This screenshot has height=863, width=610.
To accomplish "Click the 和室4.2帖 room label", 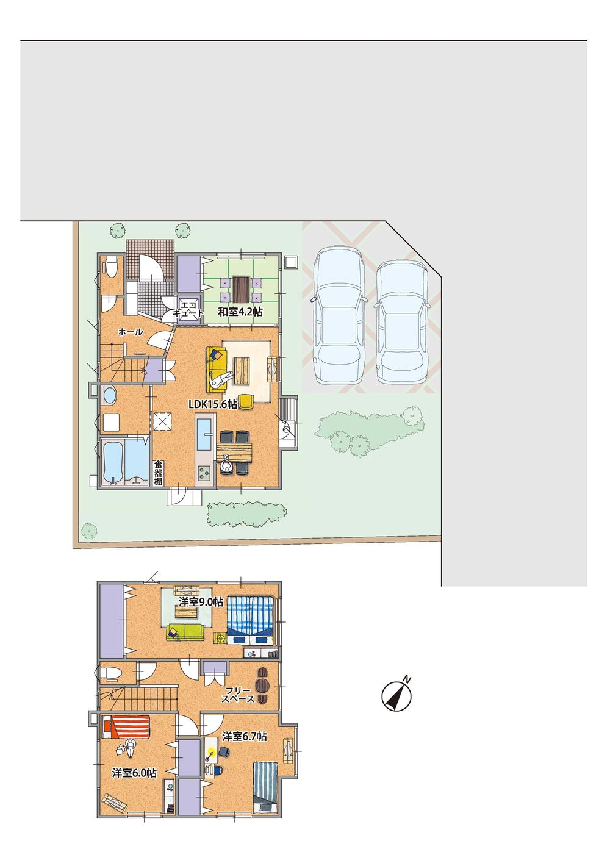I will coord(240,312).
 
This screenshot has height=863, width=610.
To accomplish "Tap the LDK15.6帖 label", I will coord(212,404).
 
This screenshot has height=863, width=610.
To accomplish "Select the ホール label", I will coord(130,332).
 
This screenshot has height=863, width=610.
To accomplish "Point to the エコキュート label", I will coord(187,307).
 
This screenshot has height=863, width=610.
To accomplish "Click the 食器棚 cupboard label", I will coord(159,472).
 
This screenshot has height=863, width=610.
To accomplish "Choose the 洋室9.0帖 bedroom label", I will coord(201,601).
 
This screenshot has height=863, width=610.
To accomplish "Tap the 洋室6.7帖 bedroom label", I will coord(244,737).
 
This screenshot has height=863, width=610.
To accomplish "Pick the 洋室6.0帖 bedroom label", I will coord(134,773).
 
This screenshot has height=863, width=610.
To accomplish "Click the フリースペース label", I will coord(238,695).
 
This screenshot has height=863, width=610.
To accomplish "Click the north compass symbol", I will coord(396,695).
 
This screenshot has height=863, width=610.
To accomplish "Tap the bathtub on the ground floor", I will coord(115,461).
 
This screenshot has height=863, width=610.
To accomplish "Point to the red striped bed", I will coord(126,726).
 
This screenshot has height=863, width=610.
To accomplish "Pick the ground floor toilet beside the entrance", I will coord(111,267).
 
